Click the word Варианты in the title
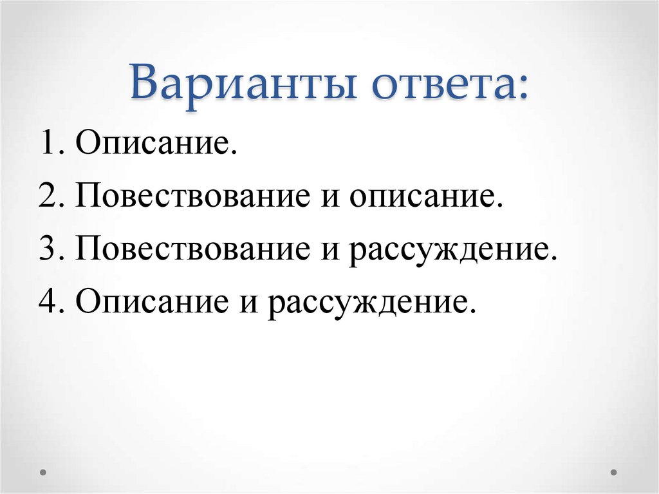click(246, 85)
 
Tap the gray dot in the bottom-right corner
click(613, 471)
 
